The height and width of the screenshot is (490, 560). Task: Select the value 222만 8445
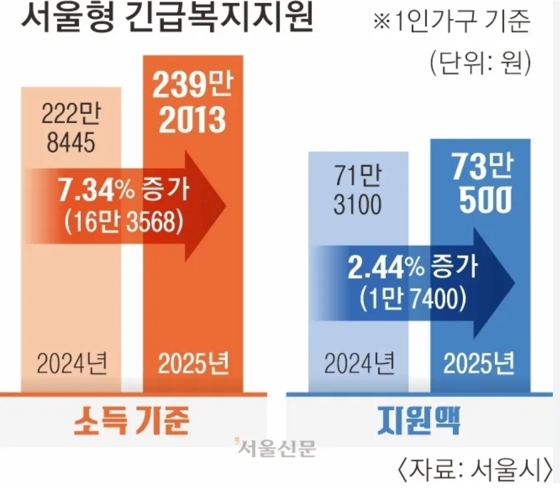(71, 128)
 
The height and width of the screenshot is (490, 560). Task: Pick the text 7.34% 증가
(124, 190)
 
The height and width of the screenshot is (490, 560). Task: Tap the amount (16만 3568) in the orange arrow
(124, 221)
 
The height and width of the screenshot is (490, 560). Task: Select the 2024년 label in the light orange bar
(72, 364)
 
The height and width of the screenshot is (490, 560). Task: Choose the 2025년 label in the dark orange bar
(193, 364)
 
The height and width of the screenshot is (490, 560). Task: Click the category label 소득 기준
(131, 421)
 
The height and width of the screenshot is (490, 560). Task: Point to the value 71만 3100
(358, 190)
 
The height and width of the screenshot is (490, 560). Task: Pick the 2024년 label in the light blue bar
(359, 364)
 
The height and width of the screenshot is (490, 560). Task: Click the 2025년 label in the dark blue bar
(479, 364)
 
